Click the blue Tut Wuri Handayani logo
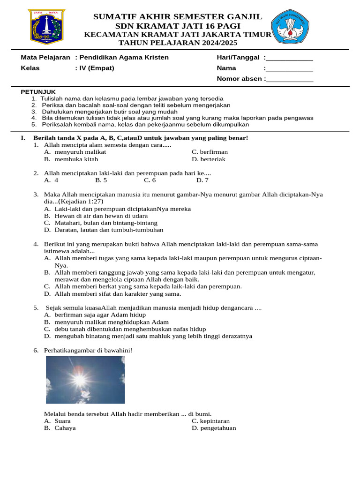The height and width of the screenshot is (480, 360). (x=290, y=26)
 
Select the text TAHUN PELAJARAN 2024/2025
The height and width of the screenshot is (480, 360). (x=178, y=43)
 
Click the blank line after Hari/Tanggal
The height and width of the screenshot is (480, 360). (x=290, y=58)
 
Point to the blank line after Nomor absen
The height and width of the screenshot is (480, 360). (x=290, y=79)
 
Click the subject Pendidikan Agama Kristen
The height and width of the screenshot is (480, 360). (x=124, y=57)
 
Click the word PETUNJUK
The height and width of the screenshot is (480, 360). (x=38, y=92)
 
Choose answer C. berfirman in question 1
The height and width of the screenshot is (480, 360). (x=210, y=152)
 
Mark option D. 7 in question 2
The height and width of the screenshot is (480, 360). (x=202, y=180)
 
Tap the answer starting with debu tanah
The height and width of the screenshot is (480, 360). (x=125, y=329)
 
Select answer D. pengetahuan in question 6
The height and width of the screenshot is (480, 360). (x=214, y=428)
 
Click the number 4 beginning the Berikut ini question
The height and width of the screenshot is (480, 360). (x=35, y=244)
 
